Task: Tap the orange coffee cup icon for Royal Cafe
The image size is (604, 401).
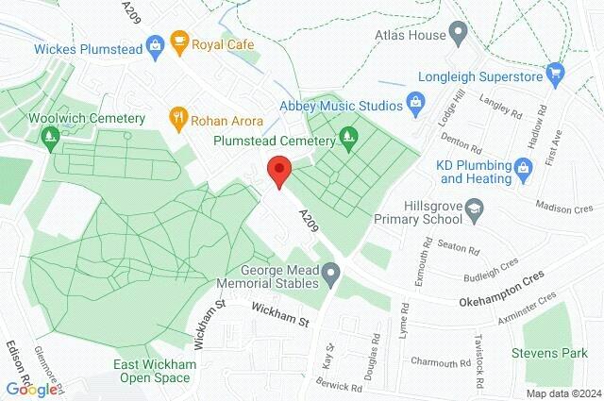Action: (x=177, y=43)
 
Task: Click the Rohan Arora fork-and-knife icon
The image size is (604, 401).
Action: (x=176, y=118)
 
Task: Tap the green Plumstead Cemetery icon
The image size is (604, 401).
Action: (x=348, y=138)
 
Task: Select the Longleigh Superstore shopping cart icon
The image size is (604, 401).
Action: (x=555, y=72)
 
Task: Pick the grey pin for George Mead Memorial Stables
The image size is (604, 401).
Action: (x=330, y=276)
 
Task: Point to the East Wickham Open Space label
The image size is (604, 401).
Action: (x=156, y=371)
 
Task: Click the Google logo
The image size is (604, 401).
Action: (x=31, y=388)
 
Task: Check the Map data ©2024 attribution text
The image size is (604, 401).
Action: (x=562, y=393)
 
